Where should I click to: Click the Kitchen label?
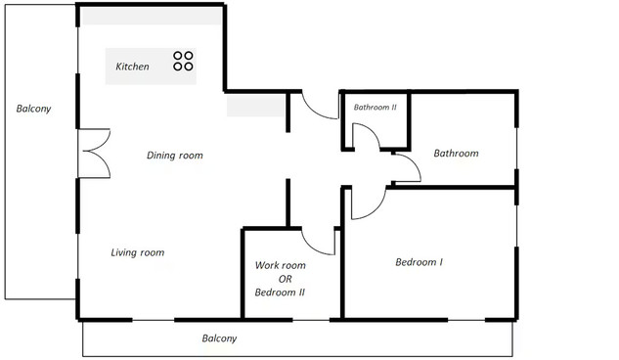(132, 67)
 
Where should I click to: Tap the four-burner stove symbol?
(183, 61)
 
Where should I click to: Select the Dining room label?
(174, 156)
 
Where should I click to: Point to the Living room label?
(137, 252)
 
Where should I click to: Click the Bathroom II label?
(376, 107)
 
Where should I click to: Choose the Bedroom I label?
(419, 262)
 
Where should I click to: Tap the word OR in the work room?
(285, 279)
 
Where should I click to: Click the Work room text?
(281, 265)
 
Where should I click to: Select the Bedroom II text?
(280, 292)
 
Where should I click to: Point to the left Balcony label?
(33, 109)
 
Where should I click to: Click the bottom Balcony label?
(219, 338)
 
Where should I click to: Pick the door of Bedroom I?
(376, 210)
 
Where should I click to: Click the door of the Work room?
(314, 247)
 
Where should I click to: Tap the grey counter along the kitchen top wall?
(152, 16)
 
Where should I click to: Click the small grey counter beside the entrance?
(256, 105)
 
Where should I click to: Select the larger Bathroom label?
(456, 154)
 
